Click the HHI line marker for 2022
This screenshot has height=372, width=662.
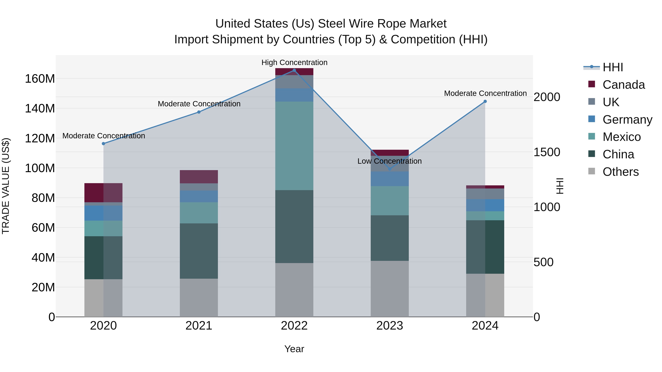(x=294, y=70)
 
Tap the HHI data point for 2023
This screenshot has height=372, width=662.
(x=390, y=169)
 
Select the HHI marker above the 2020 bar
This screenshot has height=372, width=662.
(x=104, y=143)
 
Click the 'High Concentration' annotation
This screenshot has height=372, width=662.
(x=294, y=62)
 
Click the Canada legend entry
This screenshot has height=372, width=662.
(x=623, y=85)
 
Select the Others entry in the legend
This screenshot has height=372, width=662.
(x=620, y=172)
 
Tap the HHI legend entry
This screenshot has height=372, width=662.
(x=613, y=67)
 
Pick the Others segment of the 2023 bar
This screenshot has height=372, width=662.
(x=390, y=289)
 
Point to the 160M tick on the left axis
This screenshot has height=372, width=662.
(x=40, y=79)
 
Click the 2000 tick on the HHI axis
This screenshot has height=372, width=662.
(x=547, y=97)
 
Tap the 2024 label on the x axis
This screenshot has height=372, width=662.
(x=485, y=326)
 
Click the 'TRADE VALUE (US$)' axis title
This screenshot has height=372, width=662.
(x=6, y=186)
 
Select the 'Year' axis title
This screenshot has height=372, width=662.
(x=294, y=349)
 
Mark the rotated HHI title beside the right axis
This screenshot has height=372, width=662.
(x=559, y=186)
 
